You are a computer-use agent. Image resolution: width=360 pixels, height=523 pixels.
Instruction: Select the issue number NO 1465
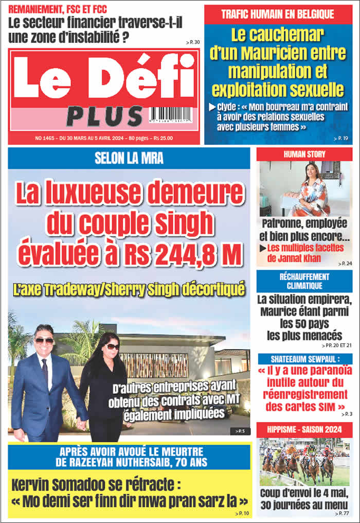coord(47,138)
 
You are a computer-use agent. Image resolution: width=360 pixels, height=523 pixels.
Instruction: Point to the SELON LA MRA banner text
coord(129,159)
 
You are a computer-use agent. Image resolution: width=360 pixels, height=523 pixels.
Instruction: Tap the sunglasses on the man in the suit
coord(45,340)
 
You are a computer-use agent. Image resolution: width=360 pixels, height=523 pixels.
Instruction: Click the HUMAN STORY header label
coord(304,154)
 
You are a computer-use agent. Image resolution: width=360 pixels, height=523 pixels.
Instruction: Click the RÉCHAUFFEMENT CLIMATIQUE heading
coord(304,281)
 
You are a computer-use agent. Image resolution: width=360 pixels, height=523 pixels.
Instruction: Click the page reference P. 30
coord(193,42)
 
